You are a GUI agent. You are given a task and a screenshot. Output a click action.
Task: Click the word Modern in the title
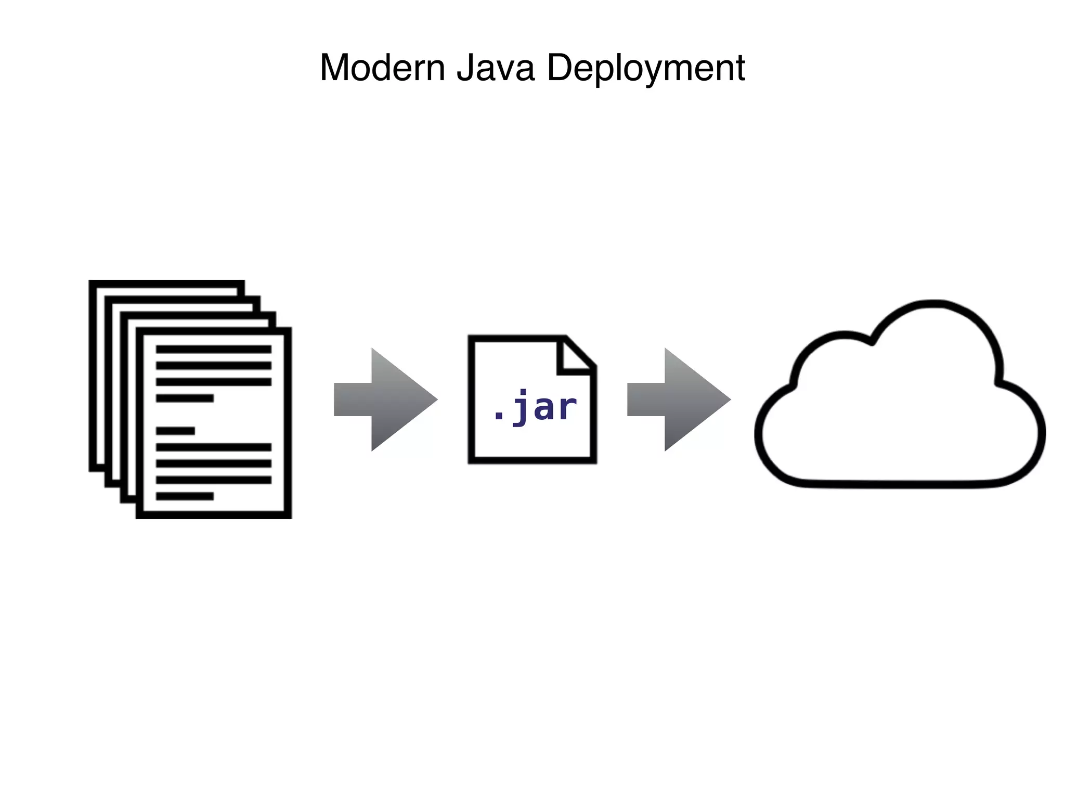tap(382, 68)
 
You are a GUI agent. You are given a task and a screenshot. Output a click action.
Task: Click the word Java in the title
tap(495, 68)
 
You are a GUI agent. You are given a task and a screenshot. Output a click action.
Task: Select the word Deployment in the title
tap(646, 68)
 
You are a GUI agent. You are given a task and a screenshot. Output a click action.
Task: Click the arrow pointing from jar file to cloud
tap(679, 399)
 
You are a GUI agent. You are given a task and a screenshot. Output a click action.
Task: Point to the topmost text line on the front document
tap(213, 349)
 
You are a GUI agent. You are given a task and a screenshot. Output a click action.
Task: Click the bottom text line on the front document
tap(185, 496)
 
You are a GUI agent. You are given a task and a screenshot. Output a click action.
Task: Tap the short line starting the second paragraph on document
tap(175, 431)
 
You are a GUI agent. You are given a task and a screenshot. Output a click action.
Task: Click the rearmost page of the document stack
tap(166, 287)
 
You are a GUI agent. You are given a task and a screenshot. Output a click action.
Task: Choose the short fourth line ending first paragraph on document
tap(185, 398)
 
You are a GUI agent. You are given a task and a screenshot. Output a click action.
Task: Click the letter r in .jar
tap(566, 409)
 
